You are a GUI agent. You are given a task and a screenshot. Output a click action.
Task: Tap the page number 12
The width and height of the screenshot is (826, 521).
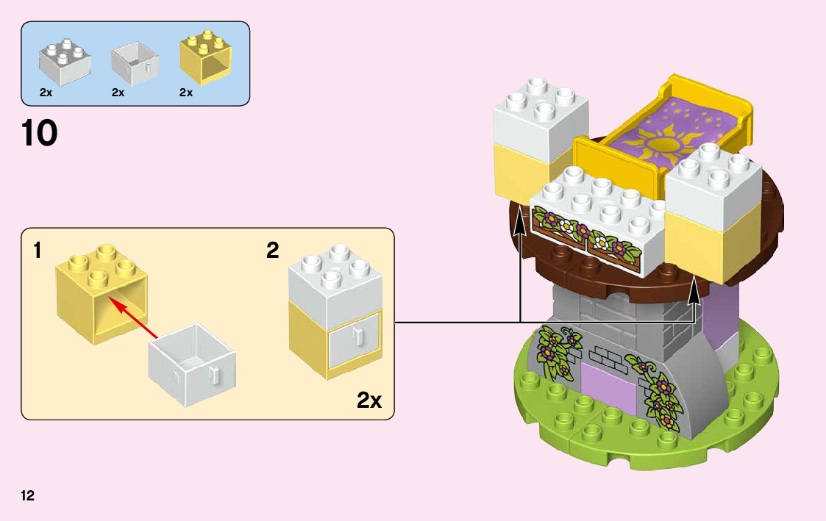coord(28,495)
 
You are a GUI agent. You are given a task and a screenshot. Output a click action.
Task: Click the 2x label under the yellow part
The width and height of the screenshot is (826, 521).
coord(185,93)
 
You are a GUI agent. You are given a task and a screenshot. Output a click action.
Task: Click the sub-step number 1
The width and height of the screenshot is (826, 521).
coord(37,251)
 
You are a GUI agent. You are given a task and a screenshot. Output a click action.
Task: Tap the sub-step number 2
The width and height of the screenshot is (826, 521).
coord(273,251)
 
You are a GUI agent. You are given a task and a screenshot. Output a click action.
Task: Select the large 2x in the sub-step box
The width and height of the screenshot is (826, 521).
coord(369,400)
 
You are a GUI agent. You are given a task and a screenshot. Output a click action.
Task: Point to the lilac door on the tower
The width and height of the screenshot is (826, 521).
coord(608,386)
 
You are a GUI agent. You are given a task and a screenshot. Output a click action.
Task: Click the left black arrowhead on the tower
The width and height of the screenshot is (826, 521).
coord(520,219)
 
